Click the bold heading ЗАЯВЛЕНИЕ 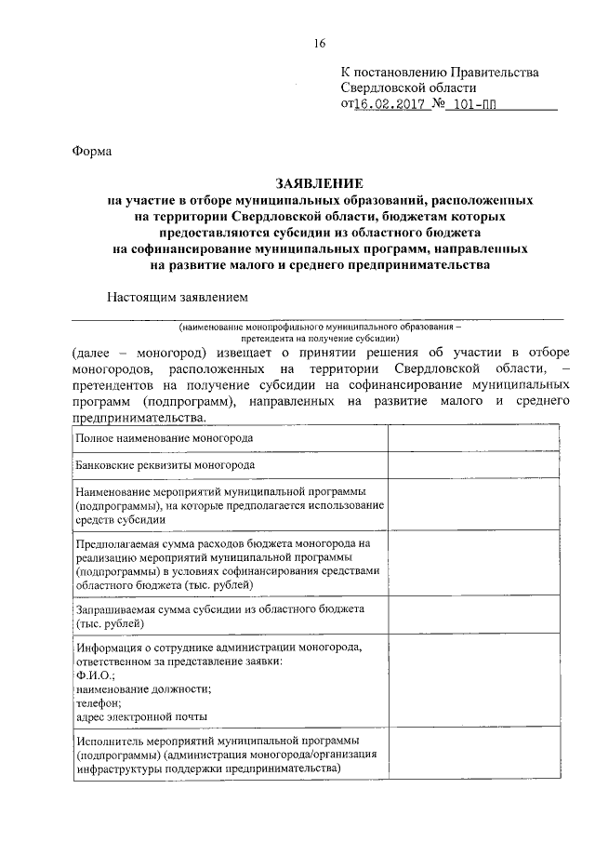[x=319, y=183]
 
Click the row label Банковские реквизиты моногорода [x=165, y=464]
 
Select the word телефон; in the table [x=98, y=702]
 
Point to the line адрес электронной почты [x=141, y=716]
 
